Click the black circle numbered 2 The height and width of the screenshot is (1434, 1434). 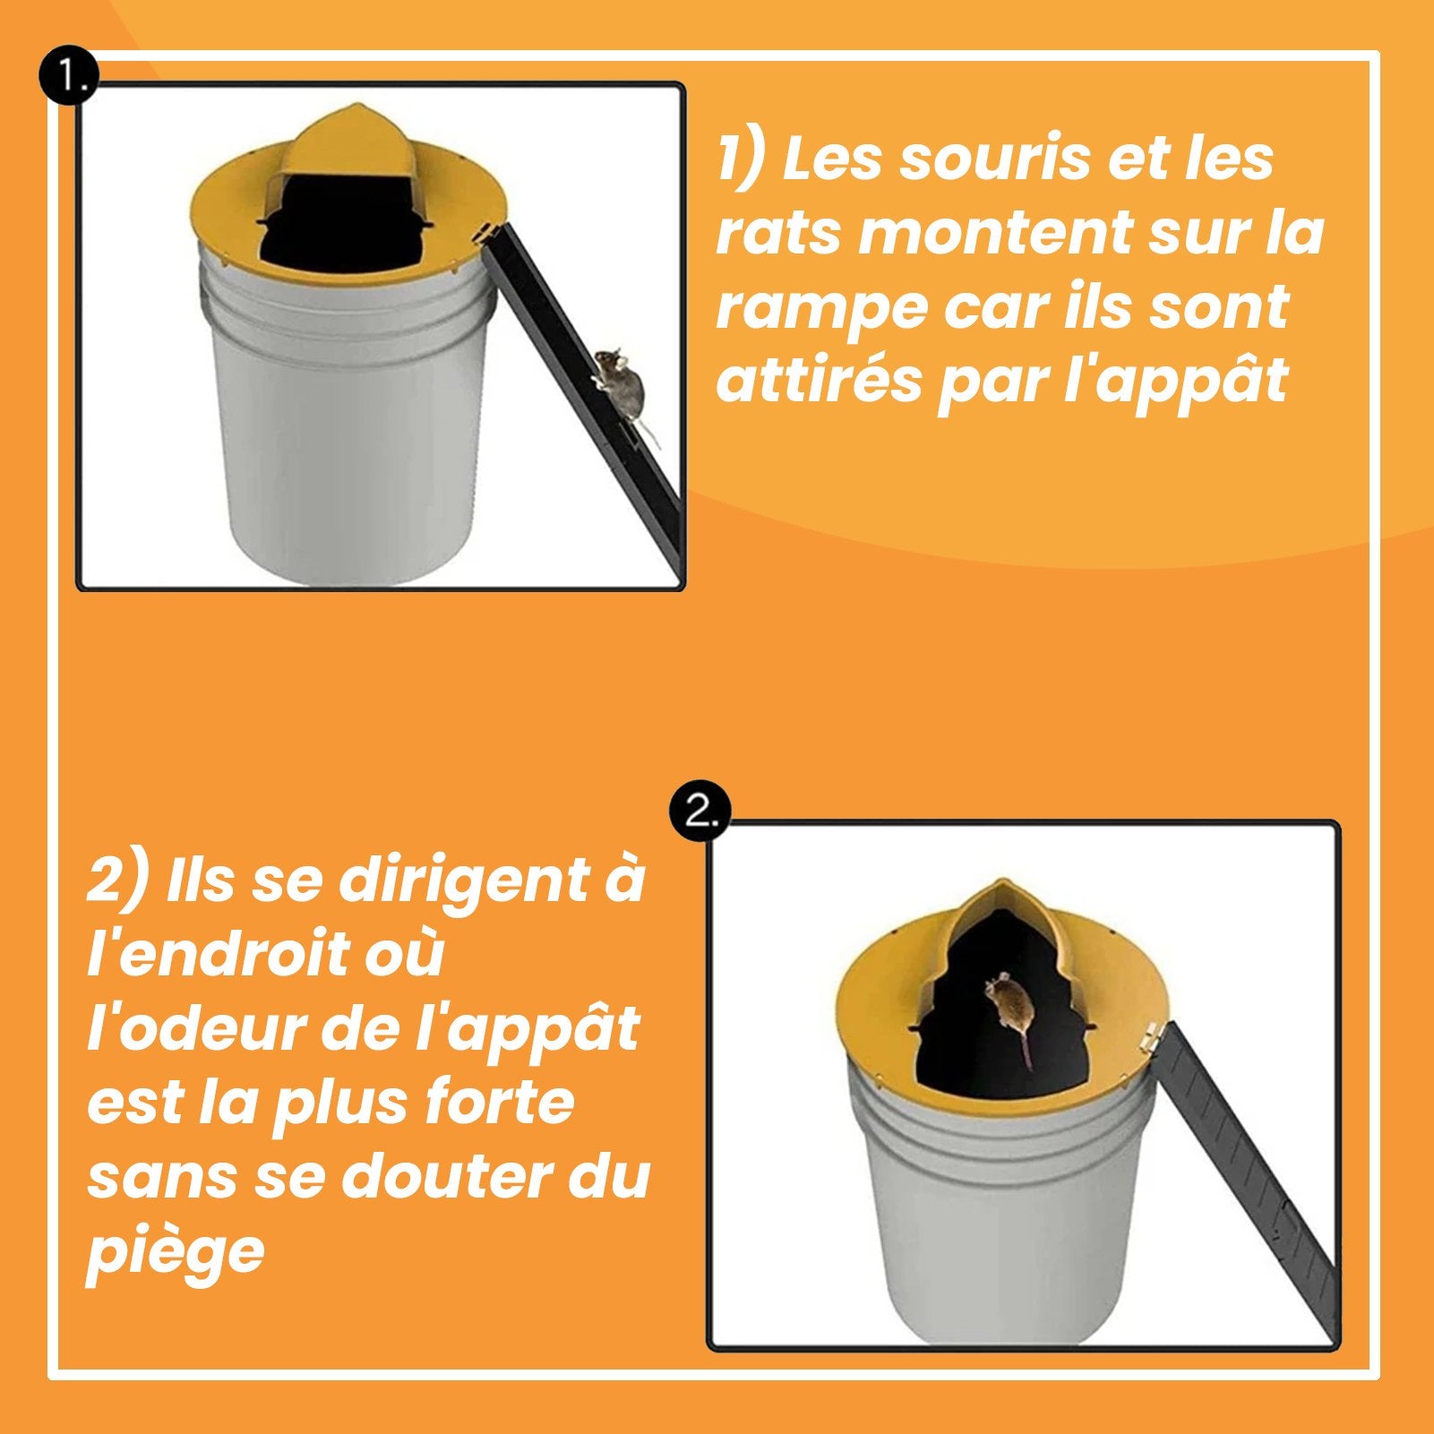(701, 812)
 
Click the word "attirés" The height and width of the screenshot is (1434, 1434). (820, 380)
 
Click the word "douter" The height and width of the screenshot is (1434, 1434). (448, 1176)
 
